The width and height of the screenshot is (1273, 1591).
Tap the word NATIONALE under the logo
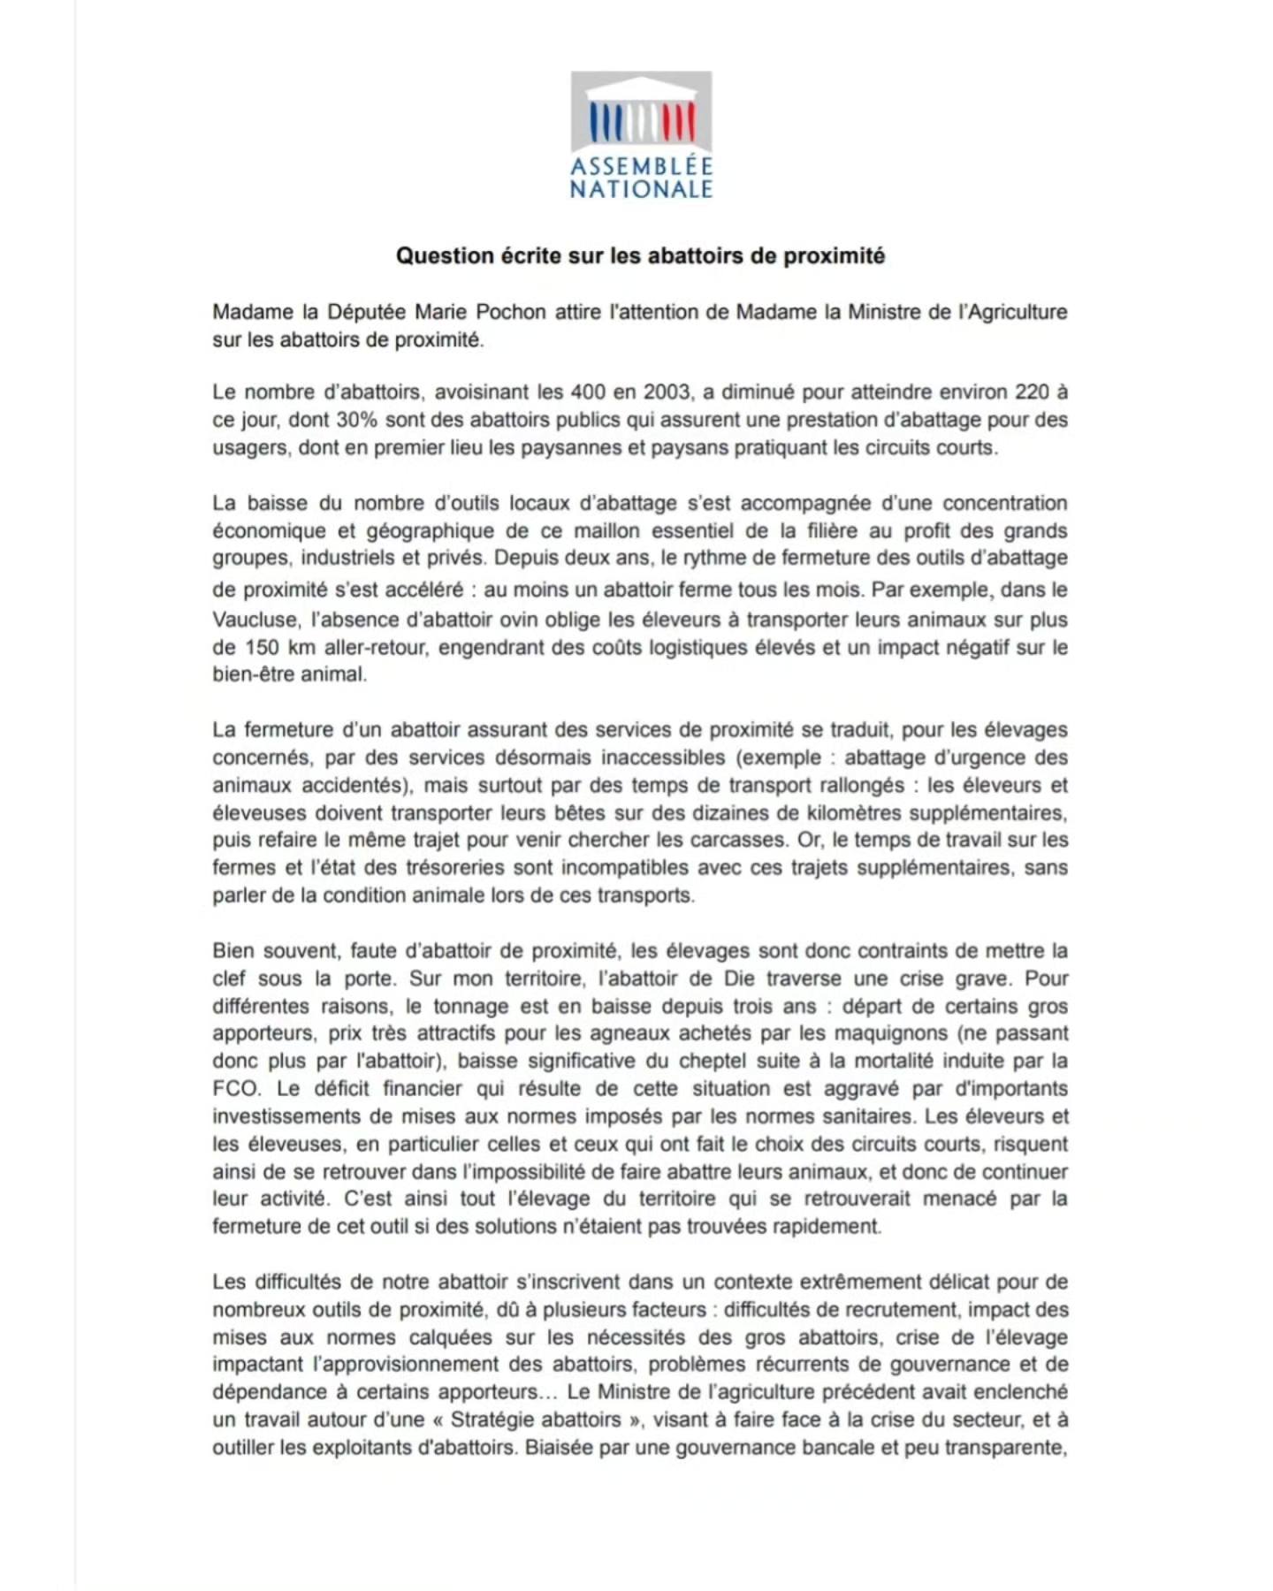click(641, 189)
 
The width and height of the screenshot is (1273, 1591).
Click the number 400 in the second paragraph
click(588, 392)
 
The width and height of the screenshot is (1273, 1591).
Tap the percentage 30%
click(357, 420)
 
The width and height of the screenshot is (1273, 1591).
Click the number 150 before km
click(263, 647)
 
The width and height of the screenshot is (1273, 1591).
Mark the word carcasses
click(742, 840)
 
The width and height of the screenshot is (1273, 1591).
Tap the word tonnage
click(470, 1006)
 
